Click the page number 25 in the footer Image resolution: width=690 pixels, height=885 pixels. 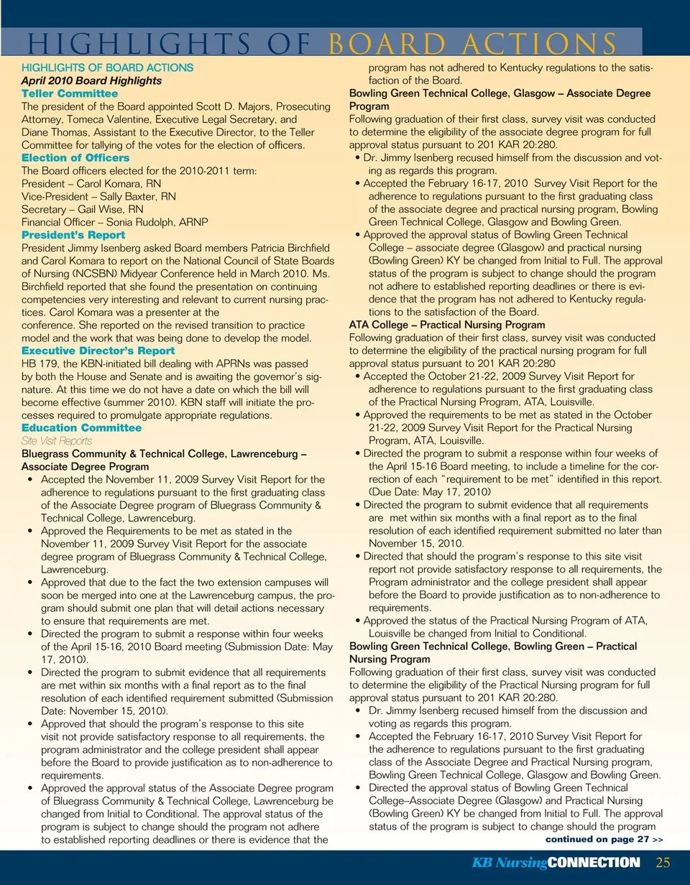pos(663,862)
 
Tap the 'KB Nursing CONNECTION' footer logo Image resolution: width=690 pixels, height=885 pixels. pos(556,863)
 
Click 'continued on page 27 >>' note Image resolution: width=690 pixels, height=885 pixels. pos(604,838)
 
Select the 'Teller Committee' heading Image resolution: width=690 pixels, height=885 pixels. pos(70,93)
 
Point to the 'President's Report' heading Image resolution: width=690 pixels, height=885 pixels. pos(73,235)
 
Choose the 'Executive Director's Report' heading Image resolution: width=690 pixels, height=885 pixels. pos(98,351)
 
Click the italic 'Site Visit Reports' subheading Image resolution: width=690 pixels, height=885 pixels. pos(57,441)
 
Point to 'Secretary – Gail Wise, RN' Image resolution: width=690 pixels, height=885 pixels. pos(83,209)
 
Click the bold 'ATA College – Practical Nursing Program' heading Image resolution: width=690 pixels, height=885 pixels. pos(447,325)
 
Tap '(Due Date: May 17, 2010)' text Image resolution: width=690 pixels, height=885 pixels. pos(430,492)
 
